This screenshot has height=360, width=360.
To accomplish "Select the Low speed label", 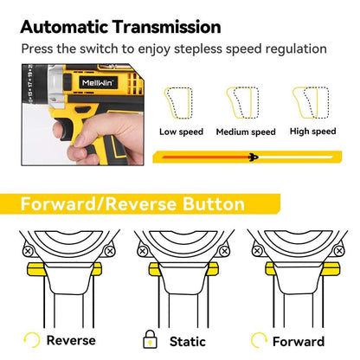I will pyautogui.click(x=181, y=132).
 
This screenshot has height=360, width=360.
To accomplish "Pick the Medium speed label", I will pyautogui.click(x=245, y=132).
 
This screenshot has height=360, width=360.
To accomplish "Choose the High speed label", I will pyautogui.click(x=312, y=132).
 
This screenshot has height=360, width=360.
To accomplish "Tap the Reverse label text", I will pyautogui.click(x=71, y=341).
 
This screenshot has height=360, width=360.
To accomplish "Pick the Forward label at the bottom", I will pyautogui.click(x=298, y=341).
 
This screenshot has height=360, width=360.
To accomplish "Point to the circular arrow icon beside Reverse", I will pyautogui.click(x=33, y=340).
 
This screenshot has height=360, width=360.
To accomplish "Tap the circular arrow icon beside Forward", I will pyautogui.click(x=257, y=340).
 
